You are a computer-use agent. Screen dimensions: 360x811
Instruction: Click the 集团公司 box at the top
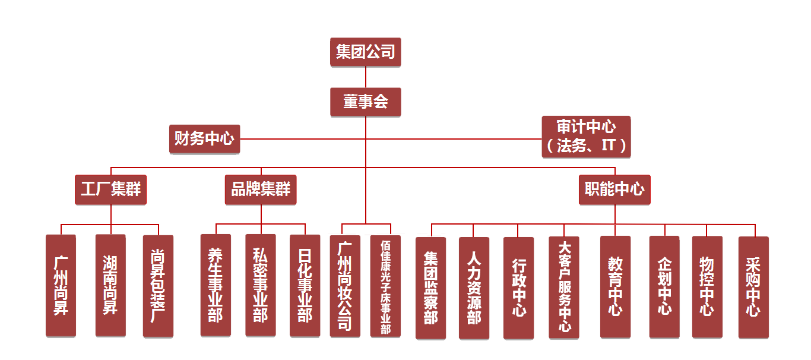tap(365, 52)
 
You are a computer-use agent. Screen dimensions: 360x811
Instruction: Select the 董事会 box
tap(365, 102)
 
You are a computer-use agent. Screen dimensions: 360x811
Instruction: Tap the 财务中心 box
tap(204, 139)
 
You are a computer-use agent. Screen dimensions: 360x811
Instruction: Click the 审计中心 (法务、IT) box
tap(585, 137)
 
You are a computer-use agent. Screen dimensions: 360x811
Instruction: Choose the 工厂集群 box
tap(110, 190)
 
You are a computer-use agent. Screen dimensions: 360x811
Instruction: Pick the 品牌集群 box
tap(260, 190)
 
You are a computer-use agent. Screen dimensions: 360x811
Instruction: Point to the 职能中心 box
tap(614, 190)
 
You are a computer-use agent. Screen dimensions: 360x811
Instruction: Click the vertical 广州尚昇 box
tap(61, 285)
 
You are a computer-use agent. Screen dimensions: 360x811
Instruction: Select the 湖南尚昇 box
tap(110, 285)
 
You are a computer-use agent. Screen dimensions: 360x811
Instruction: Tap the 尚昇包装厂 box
tap(158, 285)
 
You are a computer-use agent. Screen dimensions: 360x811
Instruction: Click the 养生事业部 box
tap(216, 285)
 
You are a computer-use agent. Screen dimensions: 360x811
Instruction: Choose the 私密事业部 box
tap(260, 285)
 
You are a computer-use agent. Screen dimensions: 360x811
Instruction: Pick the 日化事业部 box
tap(305, 285)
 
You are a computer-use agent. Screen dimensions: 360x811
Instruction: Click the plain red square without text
tap(446, 153)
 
